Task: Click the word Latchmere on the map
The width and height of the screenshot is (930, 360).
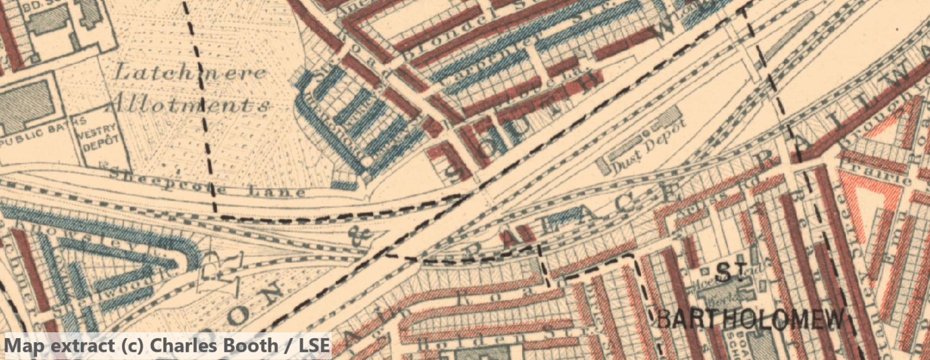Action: (x=189, y=73)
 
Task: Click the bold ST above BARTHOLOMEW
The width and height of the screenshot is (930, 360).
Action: (x=731, y=272)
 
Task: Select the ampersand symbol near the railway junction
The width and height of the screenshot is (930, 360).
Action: (x=362, y=234)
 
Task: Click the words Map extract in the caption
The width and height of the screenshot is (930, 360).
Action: (x=60, y=346)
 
